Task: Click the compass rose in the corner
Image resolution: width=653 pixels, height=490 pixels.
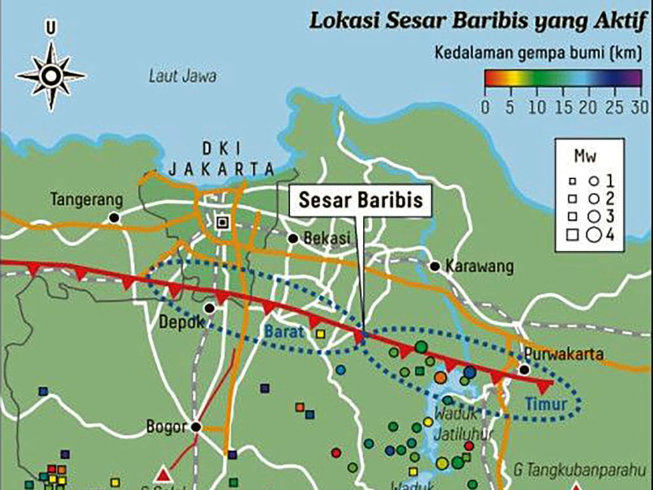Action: click(x=50, y=75)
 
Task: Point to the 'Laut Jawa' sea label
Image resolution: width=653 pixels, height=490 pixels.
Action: click(x=182, y=77)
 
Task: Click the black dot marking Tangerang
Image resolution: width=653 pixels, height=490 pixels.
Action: click(x=114, y=218)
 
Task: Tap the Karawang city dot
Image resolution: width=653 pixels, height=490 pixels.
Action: click(x=435, y=266)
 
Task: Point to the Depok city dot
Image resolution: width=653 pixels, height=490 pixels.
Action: click(x=209, y=308)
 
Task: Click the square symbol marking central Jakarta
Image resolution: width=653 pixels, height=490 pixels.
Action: click(x=222, y=222)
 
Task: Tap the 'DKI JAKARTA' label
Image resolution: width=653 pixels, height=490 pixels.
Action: click(x=221, y=160)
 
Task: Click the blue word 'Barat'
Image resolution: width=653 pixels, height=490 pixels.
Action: click(x=281, y=332)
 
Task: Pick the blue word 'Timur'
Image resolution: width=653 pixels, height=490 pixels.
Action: click(x=542, y=403)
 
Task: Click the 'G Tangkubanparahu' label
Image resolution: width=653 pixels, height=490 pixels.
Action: click(x=576, y=471)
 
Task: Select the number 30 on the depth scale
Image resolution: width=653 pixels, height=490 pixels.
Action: click(x=640, y=106)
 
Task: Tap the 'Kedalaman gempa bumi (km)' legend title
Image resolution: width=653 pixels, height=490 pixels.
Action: click(x=537, y=53)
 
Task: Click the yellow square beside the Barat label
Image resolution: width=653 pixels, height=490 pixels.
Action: click(x=320, y=333)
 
